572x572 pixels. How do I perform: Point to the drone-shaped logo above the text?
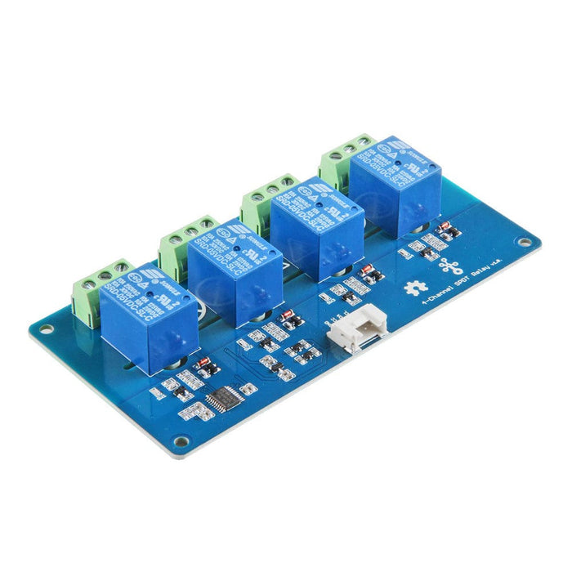tap(450, 266)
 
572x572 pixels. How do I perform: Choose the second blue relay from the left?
tap(236, 270)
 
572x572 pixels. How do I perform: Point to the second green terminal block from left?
tap(182, 243)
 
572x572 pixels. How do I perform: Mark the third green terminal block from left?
tap(262, 201)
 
